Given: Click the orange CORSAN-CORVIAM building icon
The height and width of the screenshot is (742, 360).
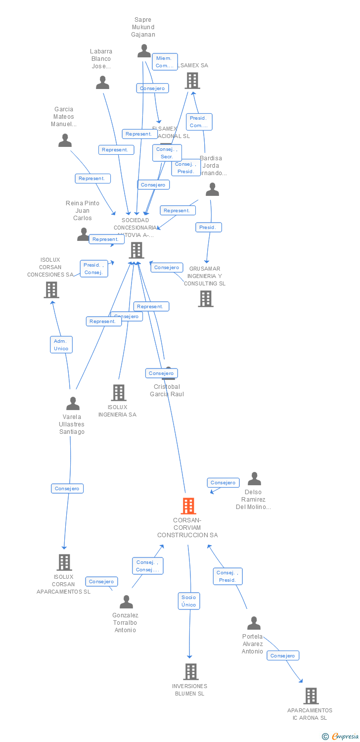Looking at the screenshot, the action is [x=188, y=506].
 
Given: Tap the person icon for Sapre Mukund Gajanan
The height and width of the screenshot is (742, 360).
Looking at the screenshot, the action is [x=144, y=51].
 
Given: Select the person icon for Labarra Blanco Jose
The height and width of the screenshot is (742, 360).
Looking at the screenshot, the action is [x=102, y=83].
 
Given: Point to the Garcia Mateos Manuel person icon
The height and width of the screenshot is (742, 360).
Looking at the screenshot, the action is [x=65, y=140].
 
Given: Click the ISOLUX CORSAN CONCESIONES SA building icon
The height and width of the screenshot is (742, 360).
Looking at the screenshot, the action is [x=51, y=290].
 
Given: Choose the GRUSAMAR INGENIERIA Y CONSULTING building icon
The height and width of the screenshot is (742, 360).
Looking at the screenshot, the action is [x=206, y=299].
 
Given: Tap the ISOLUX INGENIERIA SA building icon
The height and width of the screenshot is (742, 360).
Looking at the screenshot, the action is [x=119, y=393].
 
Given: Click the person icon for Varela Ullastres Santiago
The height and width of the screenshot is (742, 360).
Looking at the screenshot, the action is [x=73, y=404].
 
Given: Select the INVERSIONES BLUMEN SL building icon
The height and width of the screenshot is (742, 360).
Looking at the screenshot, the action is [x=191, y=672].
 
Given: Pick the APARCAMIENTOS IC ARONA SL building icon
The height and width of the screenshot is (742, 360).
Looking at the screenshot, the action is [x=311, y=696].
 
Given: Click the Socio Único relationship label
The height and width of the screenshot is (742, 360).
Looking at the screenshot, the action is [x=189, y=601].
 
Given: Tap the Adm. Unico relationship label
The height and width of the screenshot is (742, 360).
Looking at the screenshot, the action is [x=61, y=345].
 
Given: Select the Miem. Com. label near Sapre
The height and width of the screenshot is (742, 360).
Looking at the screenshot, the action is [x=165, y=62].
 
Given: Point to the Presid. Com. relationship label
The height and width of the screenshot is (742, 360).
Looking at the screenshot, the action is [x=199, y=122].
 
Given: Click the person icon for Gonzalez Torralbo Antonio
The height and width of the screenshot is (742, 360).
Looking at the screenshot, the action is [x=127, y=602].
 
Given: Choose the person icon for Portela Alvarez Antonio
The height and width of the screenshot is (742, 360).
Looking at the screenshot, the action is [x=254, y=623].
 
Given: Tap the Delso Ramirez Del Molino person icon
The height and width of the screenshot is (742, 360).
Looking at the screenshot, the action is [x=254, y=479].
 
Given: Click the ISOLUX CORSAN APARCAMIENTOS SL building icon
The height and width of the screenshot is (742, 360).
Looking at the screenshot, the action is [x=64, y=562].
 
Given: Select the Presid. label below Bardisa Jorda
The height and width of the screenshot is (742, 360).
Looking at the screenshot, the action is [x=208, y=228].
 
